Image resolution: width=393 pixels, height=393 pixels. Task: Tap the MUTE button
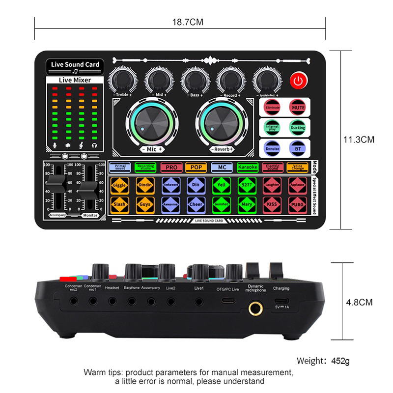pos(297,107)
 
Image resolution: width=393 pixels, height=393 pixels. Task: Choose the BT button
pos(297,148)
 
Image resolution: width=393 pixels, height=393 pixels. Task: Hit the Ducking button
pos(297,127)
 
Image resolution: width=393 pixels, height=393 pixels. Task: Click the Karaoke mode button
pos(248,168)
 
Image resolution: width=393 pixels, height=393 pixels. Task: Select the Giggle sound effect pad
pos(119,186)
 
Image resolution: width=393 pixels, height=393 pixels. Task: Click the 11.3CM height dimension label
pos(359,140)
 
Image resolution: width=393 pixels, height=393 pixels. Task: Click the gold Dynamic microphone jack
pos(254,308)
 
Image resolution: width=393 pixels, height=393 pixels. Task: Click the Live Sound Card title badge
pos(75,65)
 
